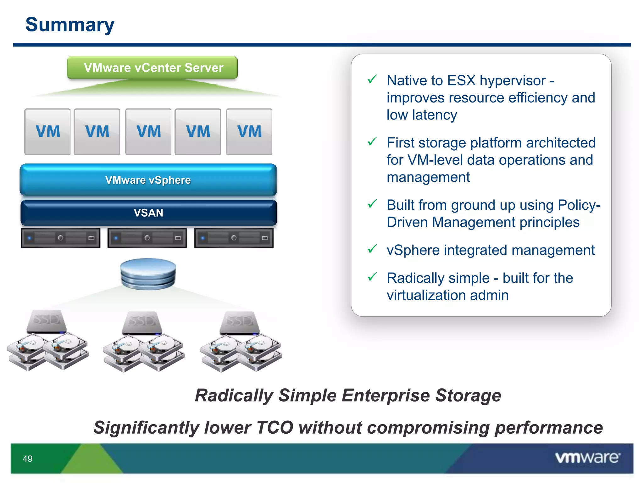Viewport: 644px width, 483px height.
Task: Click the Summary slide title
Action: coord(70,25)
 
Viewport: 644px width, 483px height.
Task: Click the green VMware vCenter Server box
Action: coord(152,68)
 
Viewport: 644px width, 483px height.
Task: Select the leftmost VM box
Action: coord(47,131)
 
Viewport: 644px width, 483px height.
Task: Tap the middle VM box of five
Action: coord(148,131)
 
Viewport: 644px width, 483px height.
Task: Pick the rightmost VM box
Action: coord(249,131)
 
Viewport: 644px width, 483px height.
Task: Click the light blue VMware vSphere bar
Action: coord(148,180)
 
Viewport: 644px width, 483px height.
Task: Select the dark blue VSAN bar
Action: coord(148,213)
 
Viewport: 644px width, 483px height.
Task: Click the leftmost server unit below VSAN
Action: coord(61,238)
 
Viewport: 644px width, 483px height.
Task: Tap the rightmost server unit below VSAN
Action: coord(234,238)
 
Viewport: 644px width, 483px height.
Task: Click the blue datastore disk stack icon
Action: coord(148,274)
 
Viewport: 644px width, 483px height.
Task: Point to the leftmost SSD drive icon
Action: coord(47,321)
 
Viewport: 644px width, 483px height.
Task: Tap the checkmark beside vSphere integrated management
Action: coord(372,249)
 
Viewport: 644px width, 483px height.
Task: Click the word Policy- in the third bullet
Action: coord(579,205)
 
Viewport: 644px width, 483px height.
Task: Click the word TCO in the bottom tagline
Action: coord(275,428)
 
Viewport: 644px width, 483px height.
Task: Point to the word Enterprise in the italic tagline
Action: coord(386,395)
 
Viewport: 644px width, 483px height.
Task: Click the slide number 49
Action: coord(28,459)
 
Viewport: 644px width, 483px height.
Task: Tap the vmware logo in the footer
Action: coord(587,458)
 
